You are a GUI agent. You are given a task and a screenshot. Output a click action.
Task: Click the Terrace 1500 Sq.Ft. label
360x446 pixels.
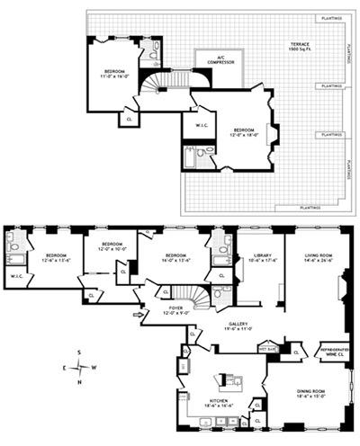297,48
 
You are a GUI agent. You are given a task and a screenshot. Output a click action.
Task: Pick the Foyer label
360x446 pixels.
176,311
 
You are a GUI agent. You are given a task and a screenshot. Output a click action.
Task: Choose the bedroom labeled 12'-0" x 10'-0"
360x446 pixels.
112,246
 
